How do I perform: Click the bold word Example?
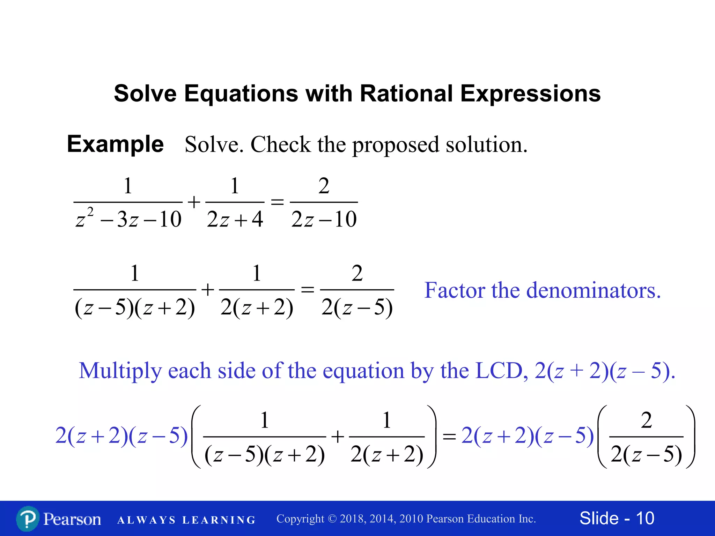(115, 144)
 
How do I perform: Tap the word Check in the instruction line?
(280, 144)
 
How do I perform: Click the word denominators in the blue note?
(594, 290)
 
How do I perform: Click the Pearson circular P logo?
(28, 519)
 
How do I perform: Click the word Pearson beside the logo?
(72, 519)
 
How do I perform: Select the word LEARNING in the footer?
(219, 520)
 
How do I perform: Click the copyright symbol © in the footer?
(332, 519)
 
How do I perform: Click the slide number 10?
(645, 518)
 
